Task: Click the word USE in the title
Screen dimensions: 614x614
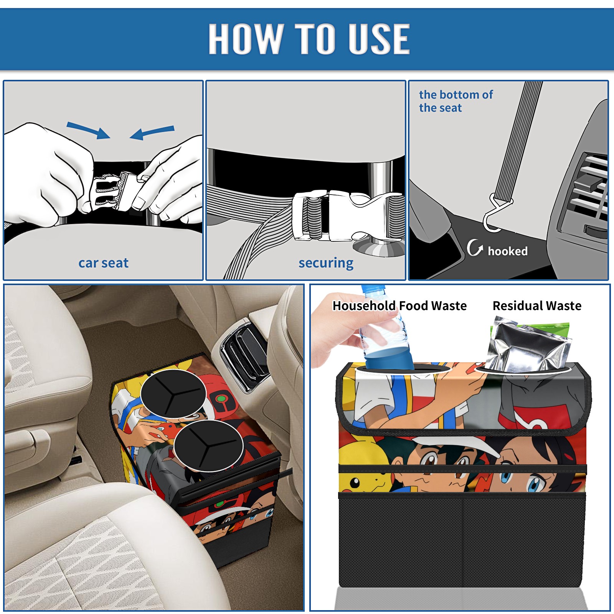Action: [x=379, y=38]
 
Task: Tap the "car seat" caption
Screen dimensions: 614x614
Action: [x=103, y=263]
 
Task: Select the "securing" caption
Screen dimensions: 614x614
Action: [x=326, y=263]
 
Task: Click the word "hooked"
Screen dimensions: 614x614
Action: [x=508, y=251]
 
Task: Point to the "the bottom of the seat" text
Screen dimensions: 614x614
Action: [x=456, y=101]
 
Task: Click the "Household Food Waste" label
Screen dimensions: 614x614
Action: [x=399, y=306]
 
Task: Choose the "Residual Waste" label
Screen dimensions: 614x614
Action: [x=537, y=306]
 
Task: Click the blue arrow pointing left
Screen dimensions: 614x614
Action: [x=152, y=132]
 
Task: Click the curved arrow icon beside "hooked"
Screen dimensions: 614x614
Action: [x=474, y=248]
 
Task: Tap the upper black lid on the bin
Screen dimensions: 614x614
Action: [x=173, y=394]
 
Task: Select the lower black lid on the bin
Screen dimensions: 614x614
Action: [x=208, y=445]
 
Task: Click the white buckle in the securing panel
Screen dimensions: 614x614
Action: [x=347, y=216]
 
